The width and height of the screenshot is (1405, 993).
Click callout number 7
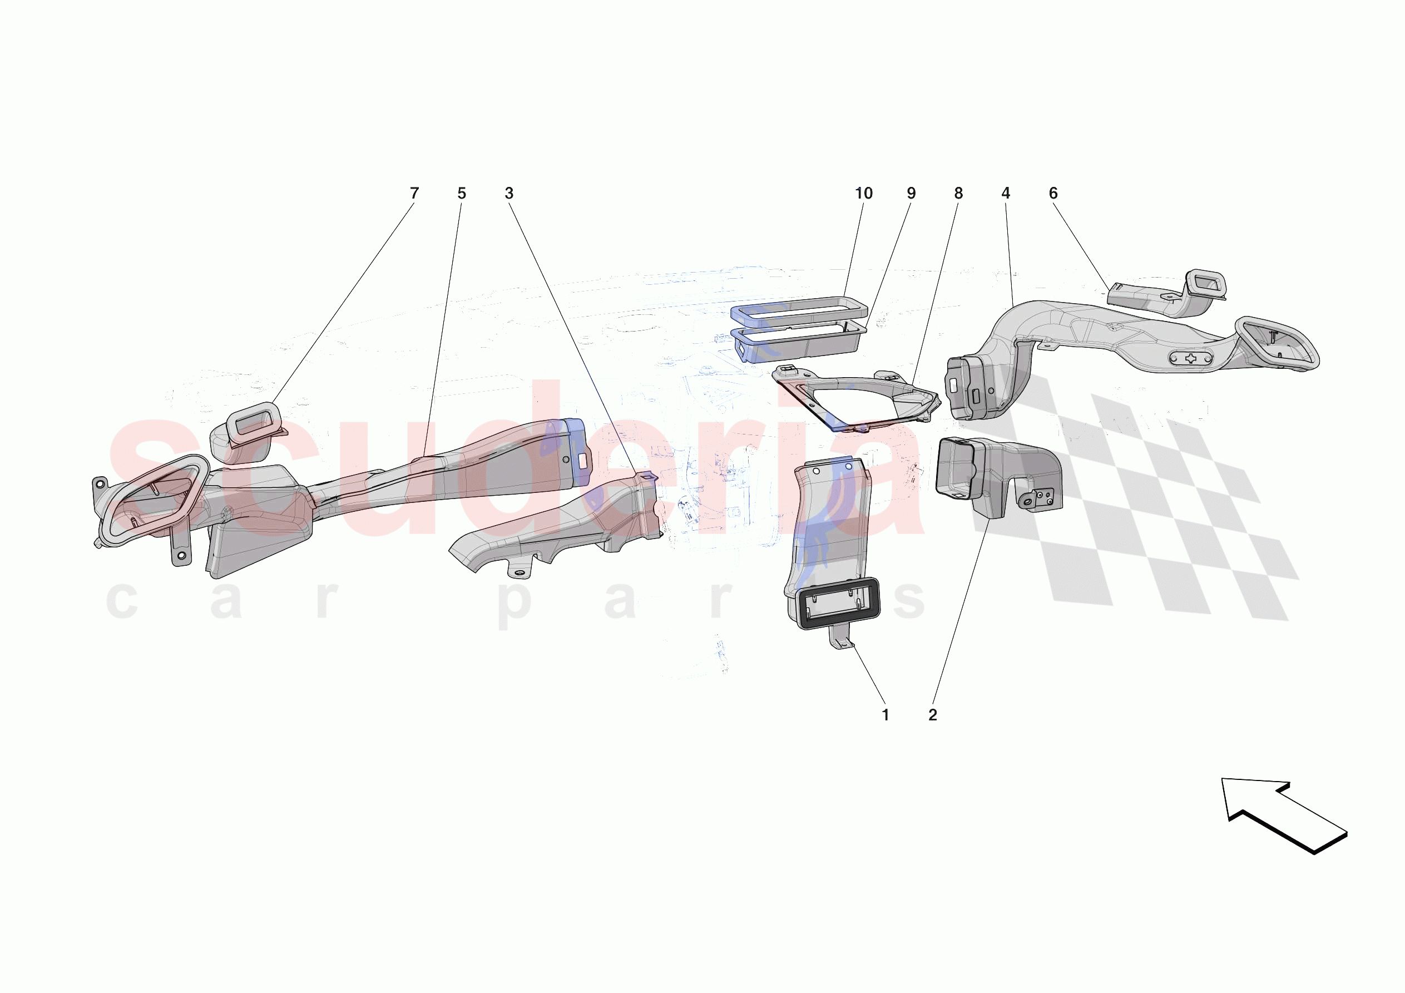(x=414, y=194)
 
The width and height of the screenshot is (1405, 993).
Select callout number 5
(x=462, y=194)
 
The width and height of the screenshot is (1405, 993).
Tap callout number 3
(x=508, y=194)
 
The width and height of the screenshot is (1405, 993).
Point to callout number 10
(x=863, y=194)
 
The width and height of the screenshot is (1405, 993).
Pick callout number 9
(x=911, y=194)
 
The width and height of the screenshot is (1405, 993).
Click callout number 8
(x=958, y=194)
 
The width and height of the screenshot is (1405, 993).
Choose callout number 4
(x=1006, y=194)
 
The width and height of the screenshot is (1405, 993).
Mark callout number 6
(x=1052, y=194)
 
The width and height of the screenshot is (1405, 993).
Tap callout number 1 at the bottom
(x=885, y=714)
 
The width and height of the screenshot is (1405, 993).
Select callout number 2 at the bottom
(x=933, y=714)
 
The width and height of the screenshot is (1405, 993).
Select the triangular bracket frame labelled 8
(x=857, y=398)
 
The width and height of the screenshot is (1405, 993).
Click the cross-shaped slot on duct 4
(x=1191, y=359)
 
